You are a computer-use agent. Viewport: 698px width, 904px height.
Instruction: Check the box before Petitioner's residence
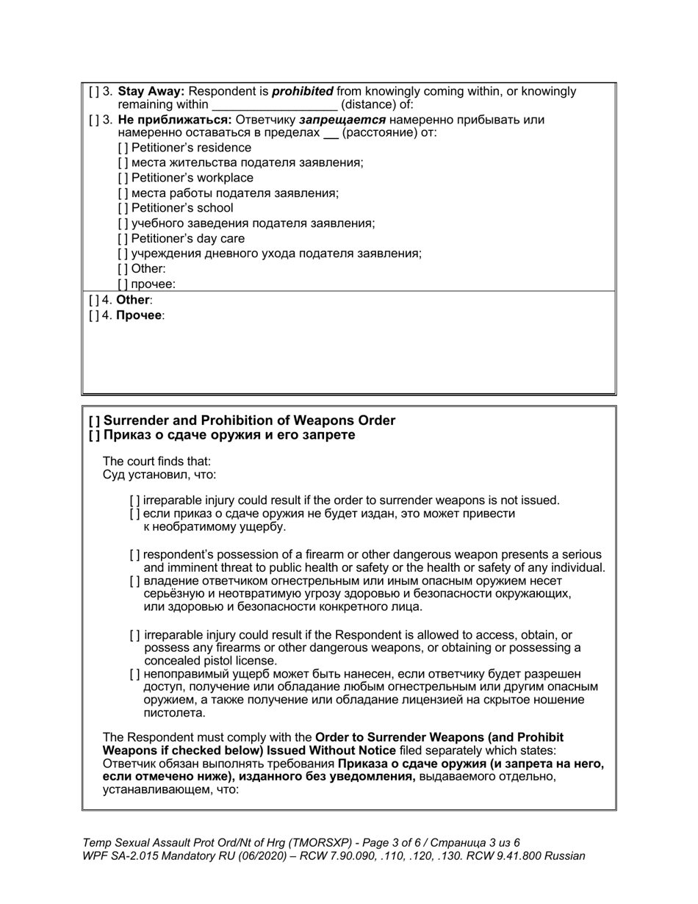[123, 148]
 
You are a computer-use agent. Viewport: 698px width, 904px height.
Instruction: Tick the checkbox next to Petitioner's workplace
[123, 178]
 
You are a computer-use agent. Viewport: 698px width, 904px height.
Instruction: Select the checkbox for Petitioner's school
[123, 208]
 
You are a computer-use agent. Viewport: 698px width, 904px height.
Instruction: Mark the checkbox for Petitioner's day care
[123, 238]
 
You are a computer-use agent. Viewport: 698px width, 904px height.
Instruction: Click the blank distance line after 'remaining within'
[274, 105]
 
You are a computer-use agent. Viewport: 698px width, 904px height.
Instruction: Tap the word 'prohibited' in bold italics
[302, 92]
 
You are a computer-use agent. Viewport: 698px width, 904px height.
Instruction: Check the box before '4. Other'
[93, 300]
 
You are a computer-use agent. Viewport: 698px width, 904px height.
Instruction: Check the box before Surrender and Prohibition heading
[94, 420]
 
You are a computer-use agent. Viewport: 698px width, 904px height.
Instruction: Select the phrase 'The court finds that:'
[156, 462]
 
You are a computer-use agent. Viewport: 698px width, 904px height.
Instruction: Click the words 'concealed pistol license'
[209, 661]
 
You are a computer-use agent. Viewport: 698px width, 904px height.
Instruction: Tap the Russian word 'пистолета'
[174, 713]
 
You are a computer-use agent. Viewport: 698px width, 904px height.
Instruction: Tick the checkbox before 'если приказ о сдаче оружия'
[134, 514]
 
